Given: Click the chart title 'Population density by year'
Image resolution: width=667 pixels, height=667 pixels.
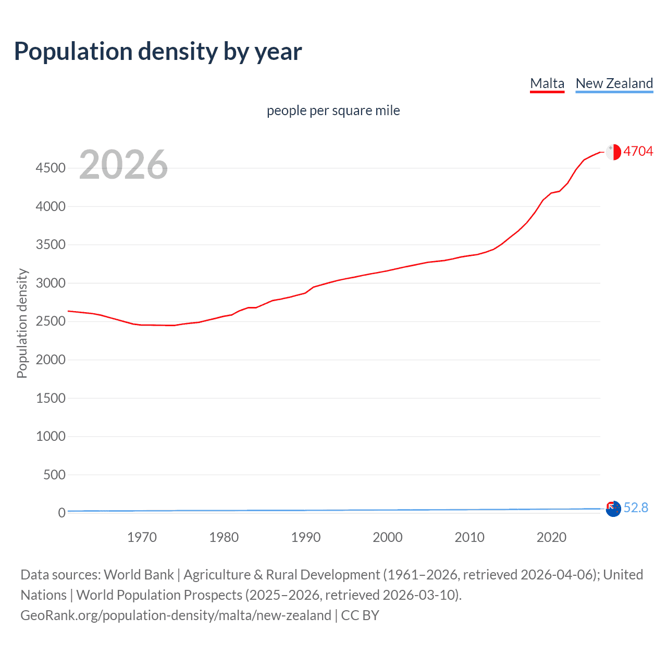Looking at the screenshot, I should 158,52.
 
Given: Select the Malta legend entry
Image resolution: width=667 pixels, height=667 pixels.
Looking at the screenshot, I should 547,83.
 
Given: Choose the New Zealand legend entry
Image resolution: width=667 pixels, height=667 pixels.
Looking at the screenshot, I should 614,83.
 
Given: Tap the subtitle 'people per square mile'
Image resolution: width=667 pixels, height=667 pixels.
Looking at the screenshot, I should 333,110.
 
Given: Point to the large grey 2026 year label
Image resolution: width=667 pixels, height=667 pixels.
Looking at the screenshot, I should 123,165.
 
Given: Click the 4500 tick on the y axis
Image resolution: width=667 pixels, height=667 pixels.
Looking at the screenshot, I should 51,168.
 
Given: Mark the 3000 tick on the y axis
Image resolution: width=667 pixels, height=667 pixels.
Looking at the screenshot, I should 51,283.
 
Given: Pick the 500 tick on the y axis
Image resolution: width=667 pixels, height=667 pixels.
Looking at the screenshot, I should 54,475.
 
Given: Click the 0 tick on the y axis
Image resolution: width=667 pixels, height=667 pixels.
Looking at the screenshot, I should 61,513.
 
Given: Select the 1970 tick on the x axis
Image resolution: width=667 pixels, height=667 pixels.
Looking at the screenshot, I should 142,537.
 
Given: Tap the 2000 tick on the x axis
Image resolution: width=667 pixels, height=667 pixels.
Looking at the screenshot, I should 387,537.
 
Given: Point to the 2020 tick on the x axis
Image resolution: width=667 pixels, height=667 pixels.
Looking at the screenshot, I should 551,537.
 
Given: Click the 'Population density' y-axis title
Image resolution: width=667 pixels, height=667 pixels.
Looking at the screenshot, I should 22,323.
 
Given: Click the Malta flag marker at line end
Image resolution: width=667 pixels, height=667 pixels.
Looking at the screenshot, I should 613,152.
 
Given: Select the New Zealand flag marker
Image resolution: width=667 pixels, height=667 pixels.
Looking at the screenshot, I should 613,508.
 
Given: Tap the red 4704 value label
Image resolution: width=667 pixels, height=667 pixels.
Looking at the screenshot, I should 638,151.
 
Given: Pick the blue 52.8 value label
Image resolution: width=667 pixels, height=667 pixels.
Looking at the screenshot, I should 636,508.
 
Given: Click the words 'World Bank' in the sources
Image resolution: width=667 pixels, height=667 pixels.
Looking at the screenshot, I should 139,575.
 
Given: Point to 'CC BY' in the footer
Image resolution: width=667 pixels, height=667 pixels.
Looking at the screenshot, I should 360,615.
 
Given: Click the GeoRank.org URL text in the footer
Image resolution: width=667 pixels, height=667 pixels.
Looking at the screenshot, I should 176,615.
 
